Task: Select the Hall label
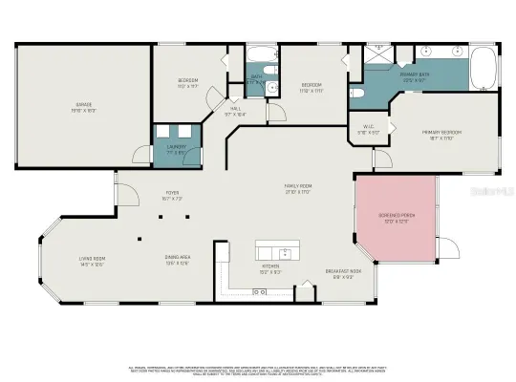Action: coord(235,111)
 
